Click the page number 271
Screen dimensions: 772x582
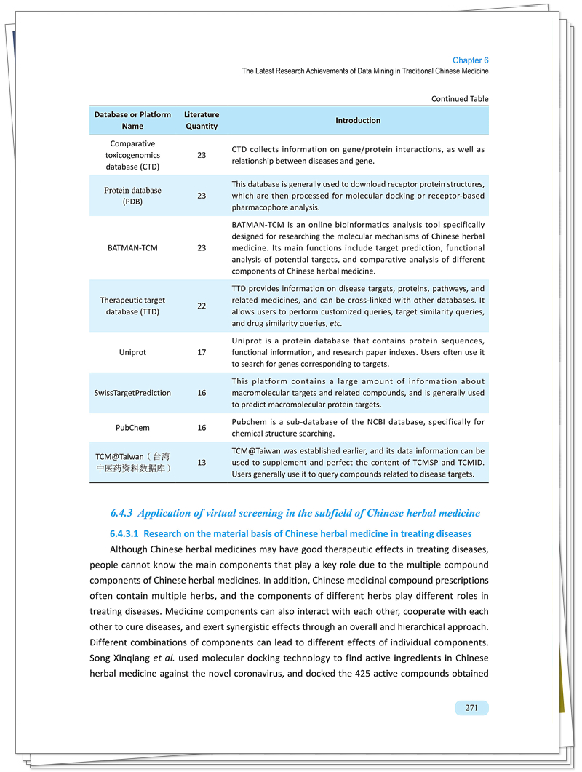pos(471,707)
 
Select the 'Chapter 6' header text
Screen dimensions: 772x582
pos(470,60)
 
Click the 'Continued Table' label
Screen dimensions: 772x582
pos(460,99)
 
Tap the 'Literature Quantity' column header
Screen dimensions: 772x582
pos(202,120)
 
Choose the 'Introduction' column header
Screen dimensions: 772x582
pos(357,120)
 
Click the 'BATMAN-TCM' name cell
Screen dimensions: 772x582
pos(132,248)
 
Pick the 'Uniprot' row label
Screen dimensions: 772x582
pos(132,352)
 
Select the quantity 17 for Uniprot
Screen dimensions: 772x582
pos(202,352)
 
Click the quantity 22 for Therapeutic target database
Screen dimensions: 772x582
pos(202,306)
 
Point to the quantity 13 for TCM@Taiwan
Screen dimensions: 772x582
pos(202,463)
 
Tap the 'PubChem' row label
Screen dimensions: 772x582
pos(132,428)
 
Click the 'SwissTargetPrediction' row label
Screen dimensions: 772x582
pos(132,393)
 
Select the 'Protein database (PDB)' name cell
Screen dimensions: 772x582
pos(132,196)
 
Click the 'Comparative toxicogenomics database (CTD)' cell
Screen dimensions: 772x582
pos(132,155)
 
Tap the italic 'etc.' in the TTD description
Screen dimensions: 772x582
pos(335,323)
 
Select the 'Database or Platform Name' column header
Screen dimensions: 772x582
pos(132,120)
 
